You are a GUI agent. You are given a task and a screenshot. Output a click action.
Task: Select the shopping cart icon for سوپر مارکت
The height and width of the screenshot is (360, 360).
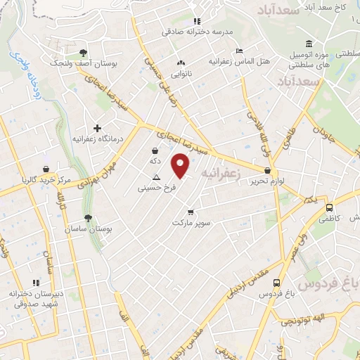pos(191,212)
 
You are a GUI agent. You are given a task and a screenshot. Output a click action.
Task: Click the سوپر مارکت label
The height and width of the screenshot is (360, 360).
pos(191,222)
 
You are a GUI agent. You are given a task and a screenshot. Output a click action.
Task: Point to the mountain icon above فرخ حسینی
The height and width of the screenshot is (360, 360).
pos(156,178)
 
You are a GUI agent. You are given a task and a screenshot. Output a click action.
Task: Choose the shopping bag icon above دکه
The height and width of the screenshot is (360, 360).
pos(155,150)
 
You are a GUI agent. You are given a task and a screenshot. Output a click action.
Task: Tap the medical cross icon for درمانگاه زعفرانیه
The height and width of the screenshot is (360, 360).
pos(97,128)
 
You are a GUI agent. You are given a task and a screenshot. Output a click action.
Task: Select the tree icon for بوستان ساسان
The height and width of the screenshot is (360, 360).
pos(87,219)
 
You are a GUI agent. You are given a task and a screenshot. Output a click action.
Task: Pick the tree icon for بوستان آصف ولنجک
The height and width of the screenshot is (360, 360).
pos(84,53)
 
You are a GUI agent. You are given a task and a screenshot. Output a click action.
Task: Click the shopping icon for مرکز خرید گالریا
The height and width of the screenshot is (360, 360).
pos(46,169)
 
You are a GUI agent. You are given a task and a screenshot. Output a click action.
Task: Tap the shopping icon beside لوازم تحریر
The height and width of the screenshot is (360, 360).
pos(267,171)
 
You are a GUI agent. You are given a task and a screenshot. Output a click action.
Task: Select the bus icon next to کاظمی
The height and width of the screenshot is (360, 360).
pos(329,207)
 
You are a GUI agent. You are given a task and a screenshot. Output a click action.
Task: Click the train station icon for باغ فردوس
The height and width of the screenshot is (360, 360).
pos(277,284)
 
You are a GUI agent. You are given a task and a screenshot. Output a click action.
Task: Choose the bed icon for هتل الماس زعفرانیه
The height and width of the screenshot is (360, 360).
pos(239,51)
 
